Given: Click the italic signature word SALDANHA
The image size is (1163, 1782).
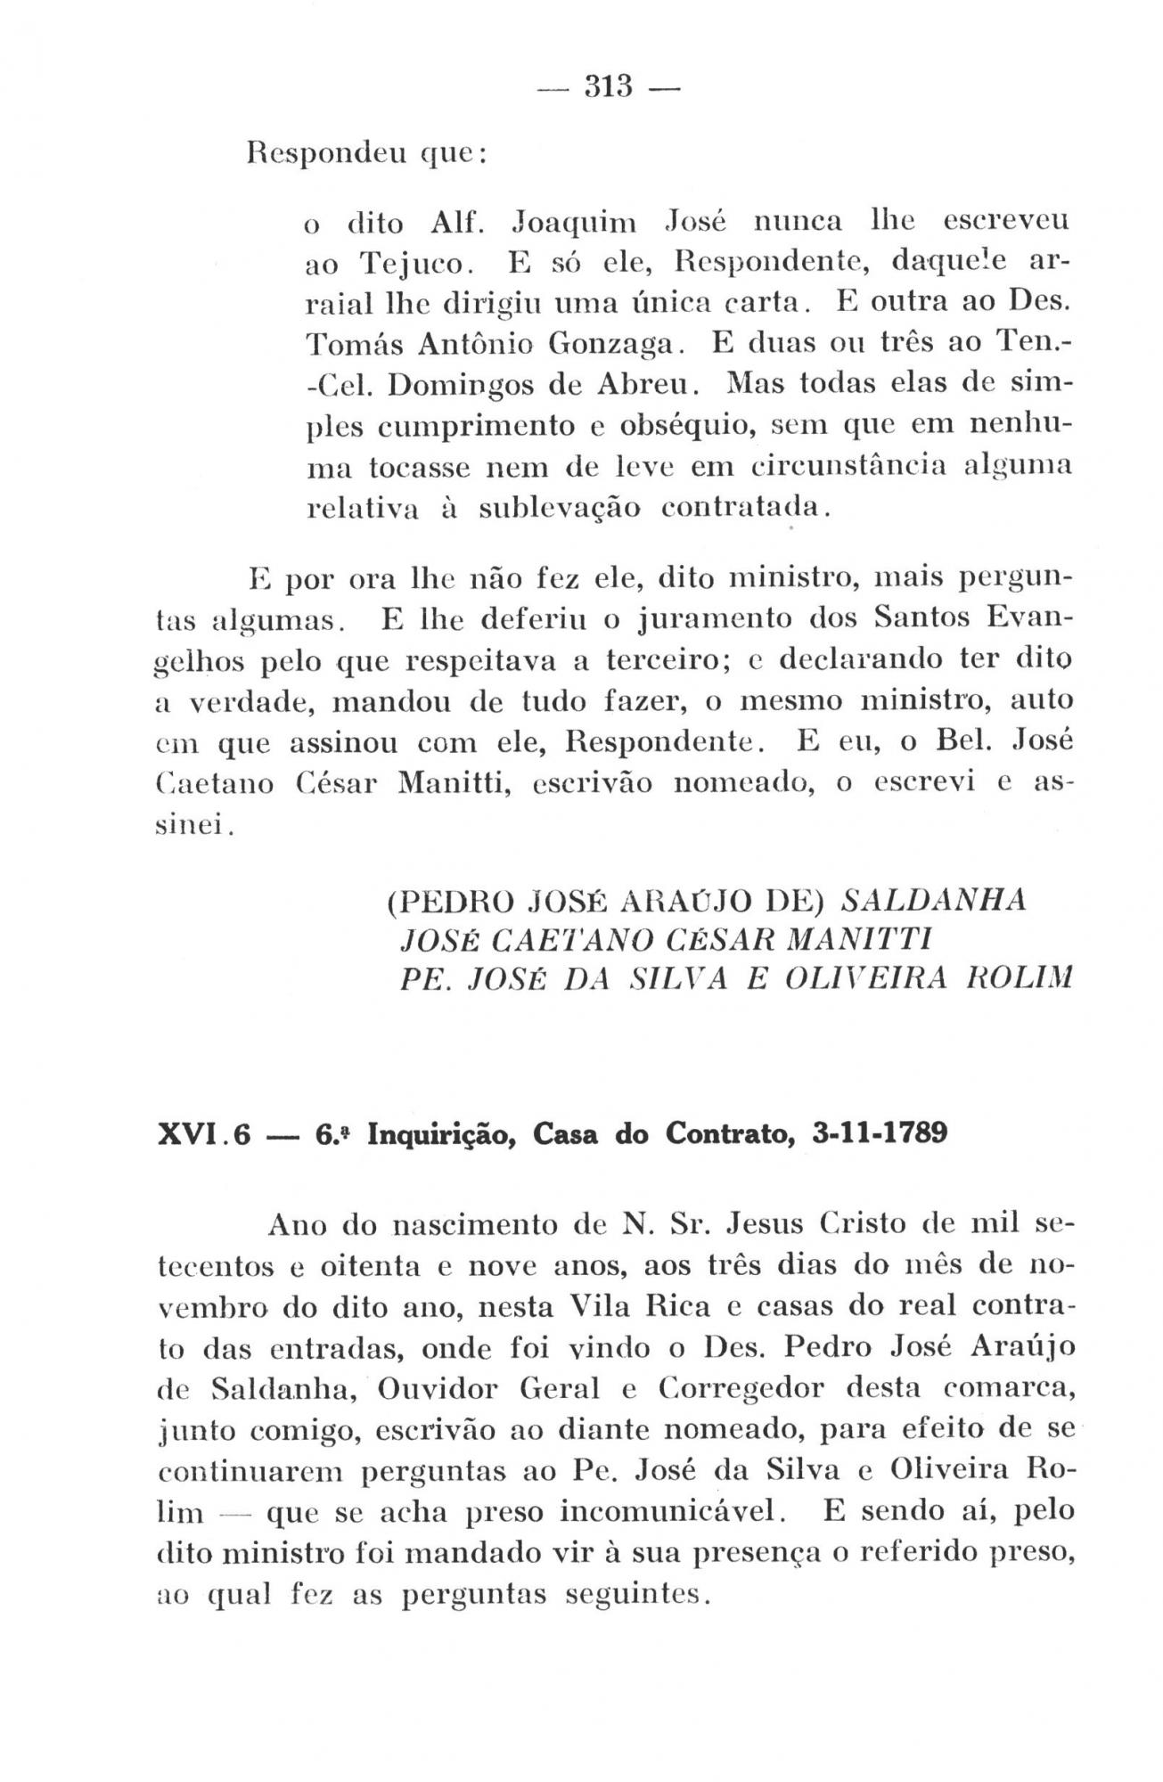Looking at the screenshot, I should pos(934,900).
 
